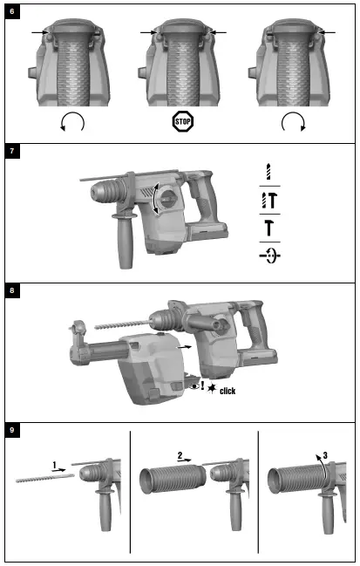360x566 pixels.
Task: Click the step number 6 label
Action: point(11,12)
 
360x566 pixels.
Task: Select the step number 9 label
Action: point(11,431)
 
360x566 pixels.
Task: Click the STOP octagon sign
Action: point(181,122)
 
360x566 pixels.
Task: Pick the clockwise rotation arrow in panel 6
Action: point(294,123)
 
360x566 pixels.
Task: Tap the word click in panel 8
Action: point(227,392)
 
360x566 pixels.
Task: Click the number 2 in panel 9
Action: point(180,455)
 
